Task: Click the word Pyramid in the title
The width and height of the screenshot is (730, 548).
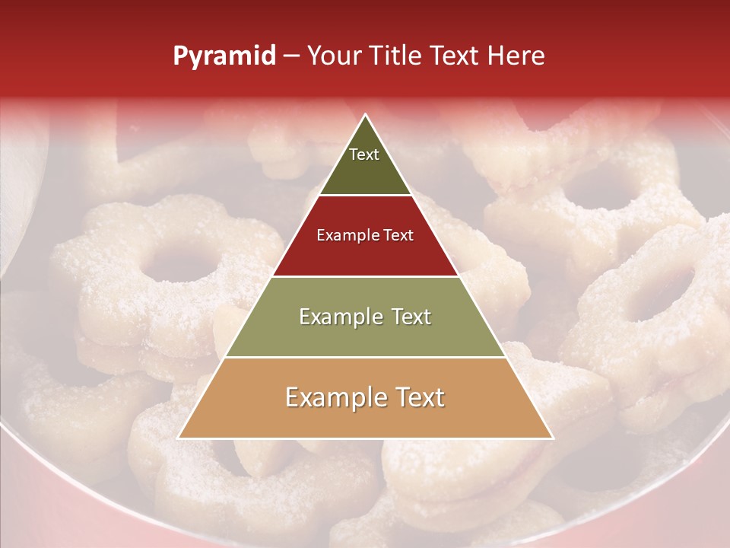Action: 224,56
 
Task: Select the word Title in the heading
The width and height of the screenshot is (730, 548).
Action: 395,56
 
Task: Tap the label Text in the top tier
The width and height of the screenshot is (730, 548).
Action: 364,155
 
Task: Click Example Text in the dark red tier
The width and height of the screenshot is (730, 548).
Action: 365,235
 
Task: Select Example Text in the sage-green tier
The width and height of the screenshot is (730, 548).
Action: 365,317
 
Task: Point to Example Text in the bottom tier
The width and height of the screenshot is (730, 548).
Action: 365,397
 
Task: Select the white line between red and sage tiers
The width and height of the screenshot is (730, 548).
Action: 365,276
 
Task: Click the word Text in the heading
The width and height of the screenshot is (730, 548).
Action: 458,56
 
